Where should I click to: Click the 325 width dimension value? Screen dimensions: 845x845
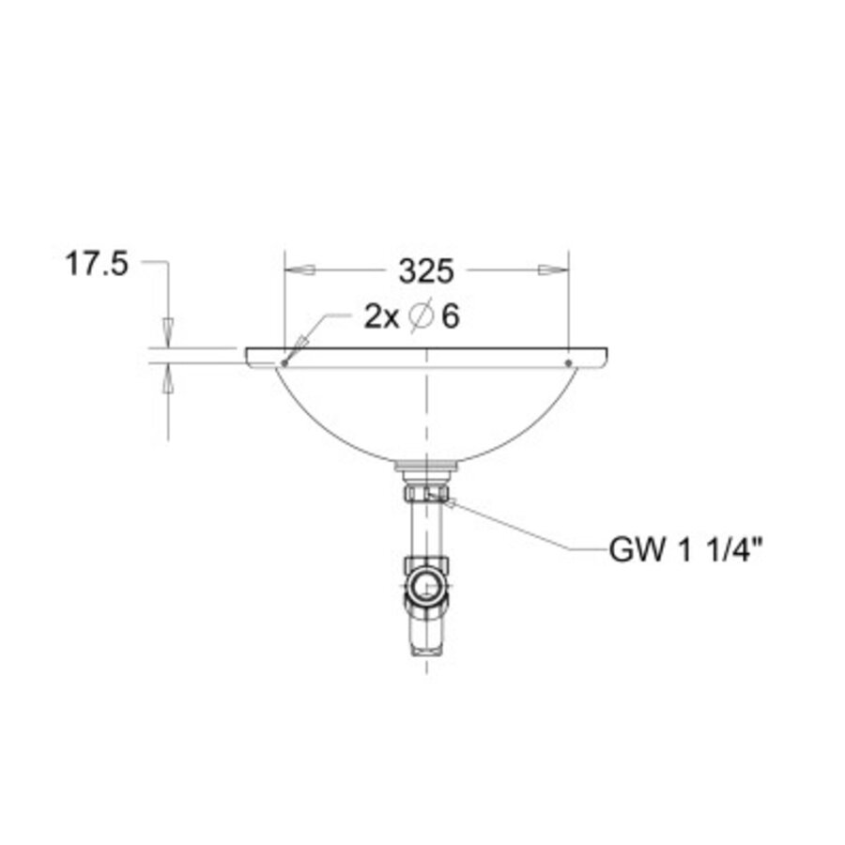coord(426,271)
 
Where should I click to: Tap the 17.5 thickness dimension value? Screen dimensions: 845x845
coord(97,265)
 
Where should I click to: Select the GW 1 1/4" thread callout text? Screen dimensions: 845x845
coord(686,550)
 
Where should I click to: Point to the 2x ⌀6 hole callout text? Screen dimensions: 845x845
coord(412,316)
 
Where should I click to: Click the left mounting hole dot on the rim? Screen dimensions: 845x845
coord(284,363)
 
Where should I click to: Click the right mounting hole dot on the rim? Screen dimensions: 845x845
coord(568,363)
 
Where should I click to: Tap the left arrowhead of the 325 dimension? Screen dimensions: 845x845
coord(300,270)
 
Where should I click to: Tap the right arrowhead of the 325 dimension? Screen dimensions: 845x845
coord(553,270)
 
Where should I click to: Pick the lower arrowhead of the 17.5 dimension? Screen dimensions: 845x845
coord(169,378)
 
